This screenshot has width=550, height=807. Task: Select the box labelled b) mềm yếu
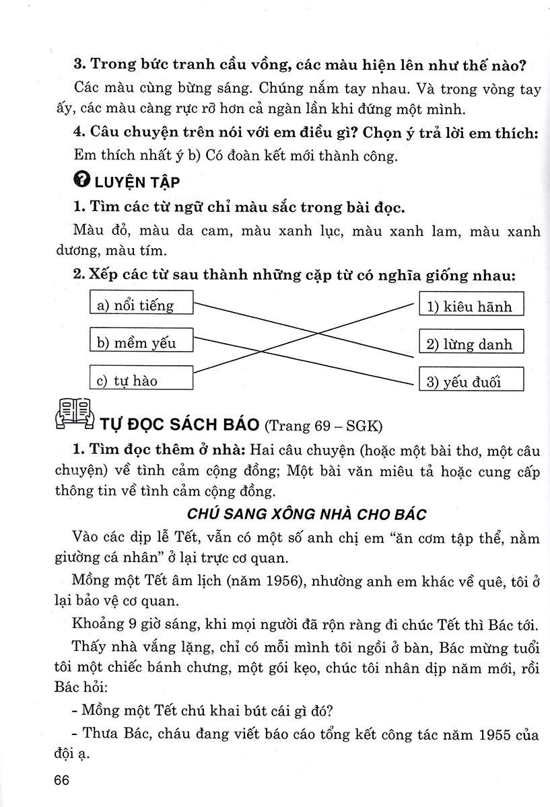(141, 340)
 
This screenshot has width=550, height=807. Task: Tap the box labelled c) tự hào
(141, 378)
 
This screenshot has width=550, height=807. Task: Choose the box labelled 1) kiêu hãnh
(471, 305)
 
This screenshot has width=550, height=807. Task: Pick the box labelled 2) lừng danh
(471, 342)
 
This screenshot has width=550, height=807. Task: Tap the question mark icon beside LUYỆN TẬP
(81, 181)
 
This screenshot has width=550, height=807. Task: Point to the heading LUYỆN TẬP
(137, 182)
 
